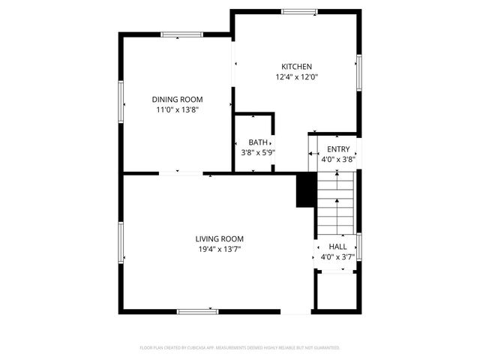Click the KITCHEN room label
click(296, 67)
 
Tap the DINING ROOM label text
click(177, 100)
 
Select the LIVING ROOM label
click(219, 238)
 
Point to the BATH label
click(258, 142)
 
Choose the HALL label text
click(337, 247)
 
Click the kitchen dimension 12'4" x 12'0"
click(296, 76)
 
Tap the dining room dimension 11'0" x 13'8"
click(177, 109)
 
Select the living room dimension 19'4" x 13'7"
click(219, 249)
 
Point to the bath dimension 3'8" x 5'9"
click(258, 152)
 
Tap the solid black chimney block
click(305, 190)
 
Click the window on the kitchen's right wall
click(359, 73)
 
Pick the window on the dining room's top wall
click(181, 34)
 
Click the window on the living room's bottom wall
click(197, 311)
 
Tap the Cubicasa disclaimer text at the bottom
click(240, 348)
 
